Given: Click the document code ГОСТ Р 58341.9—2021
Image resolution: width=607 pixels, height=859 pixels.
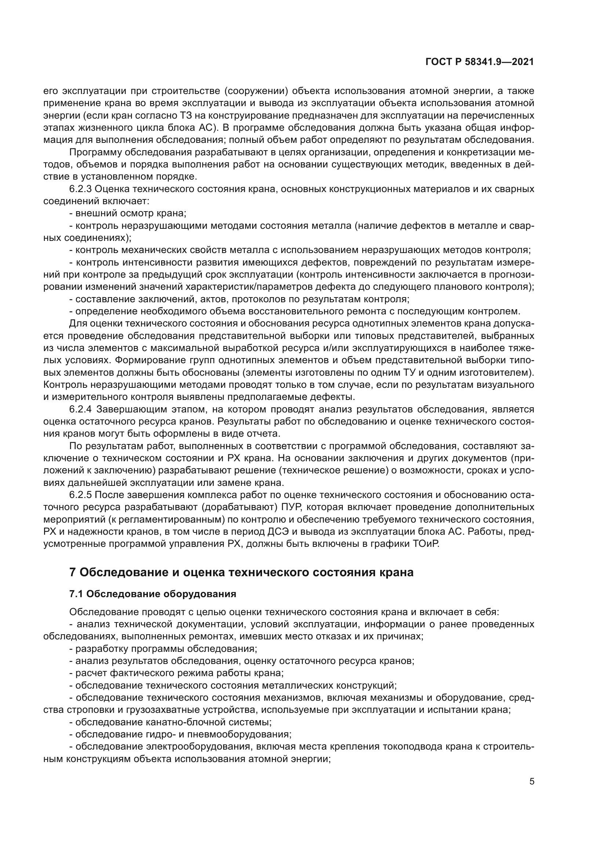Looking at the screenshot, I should pyautogui.click(x=480, y=62).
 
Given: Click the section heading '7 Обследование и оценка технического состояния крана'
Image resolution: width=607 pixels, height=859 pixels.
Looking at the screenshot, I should pyautogui.click(x=241, y=572).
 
